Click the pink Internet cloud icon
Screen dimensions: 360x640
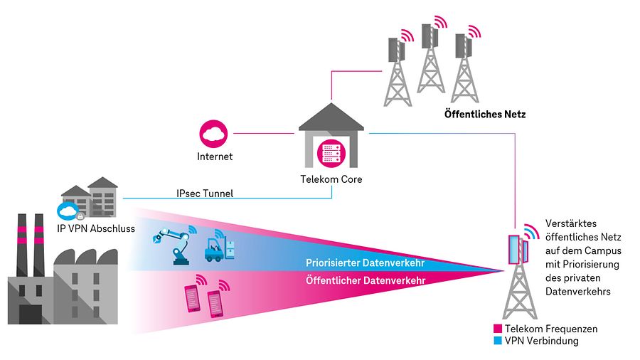(x=214, y=134)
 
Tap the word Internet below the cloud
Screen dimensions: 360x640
(x=214, y=156)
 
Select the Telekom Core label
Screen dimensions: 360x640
(x=331, y=179)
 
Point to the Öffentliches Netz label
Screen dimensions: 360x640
(x=484, y=114)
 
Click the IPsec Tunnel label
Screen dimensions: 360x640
(x=205, y=193)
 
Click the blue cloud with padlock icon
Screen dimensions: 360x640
(x=70, y=211)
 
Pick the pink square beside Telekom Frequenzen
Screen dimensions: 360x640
(x=498, y=329)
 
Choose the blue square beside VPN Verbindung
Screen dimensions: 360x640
(x=498, y=341)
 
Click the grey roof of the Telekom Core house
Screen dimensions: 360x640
(x=331, y=117)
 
